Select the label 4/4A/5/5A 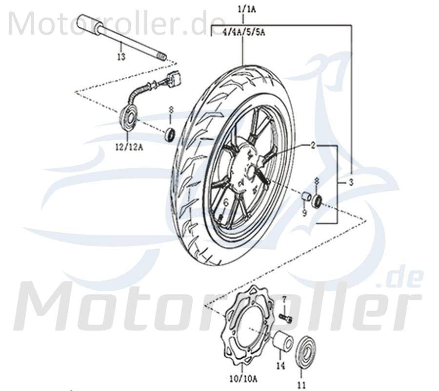pyautogui.click(x=242, y=33)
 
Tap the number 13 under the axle pyautogui.click(x=121, y=57)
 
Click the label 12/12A pyautogui.click(x=129, y=146)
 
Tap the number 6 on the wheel pyautogui.click(x=226, y=202)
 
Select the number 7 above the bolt pyautogui.click(x=284, y=299)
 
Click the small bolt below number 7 pyautogui.click(x=287, y=318)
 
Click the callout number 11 pyautogui.click(x=302, y=386)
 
